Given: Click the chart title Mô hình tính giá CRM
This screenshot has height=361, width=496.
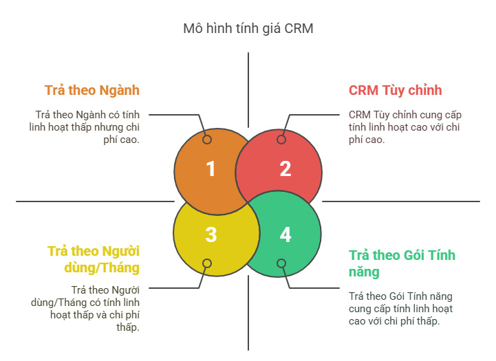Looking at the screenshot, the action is (248, 28).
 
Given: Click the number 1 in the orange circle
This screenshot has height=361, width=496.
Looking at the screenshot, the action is (211, 168).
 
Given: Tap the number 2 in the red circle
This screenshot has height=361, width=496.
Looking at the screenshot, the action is (285, 168).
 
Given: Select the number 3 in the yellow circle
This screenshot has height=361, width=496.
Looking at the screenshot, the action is (211, 235).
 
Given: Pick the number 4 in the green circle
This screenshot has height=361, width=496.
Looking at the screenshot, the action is (285, 235).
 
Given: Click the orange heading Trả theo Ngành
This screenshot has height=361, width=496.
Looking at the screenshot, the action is (92, 90).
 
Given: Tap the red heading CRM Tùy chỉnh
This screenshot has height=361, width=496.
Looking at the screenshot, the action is (396, 90).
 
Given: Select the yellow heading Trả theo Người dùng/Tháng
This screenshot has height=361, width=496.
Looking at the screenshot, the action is (94, 259).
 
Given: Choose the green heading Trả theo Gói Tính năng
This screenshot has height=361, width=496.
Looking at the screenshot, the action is (402, 263).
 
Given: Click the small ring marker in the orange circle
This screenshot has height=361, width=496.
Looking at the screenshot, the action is (207, 140).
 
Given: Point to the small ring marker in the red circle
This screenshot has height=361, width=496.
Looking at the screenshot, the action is (281, 140).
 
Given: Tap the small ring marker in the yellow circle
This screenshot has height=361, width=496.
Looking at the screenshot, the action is (207, 263).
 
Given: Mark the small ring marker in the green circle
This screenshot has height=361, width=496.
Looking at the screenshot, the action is (281, 263).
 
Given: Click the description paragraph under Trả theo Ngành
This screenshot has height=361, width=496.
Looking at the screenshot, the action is (85, 127).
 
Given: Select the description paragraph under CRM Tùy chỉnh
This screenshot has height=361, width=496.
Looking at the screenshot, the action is (405, 127).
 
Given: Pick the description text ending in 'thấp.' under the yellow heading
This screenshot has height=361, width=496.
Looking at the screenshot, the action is (85, 309).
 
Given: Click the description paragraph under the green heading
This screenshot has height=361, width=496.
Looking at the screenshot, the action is (401, 309).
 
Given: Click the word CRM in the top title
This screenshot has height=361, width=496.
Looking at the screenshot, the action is (299, 28).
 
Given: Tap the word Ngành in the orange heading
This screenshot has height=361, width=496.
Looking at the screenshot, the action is (120, 91).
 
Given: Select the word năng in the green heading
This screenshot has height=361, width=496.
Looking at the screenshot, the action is (364, 272).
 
